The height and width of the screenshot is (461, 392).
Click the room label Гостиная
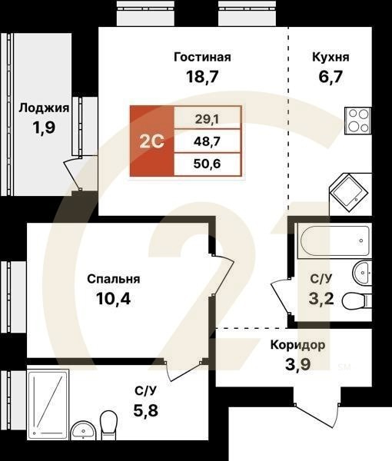coord(202,57)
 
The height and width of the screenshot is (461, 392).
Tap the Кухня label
coord(331,57)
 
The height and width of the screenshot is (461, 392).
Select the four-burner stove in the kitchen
coord(358,121)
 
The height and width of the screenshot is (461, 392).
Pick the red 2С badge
coord(151,141)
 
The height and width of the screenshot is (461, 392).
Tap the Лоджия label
coord(44,108)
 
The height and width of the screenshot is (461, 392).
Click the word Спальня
coord(113,280)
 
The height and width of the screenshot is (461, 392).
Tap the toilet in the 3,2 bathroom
coord(354,300)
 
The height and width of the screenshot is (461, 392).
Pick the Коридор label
coord(297,345)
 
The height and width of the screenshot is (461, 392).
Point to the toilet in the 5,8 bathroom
coord(108,423)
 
